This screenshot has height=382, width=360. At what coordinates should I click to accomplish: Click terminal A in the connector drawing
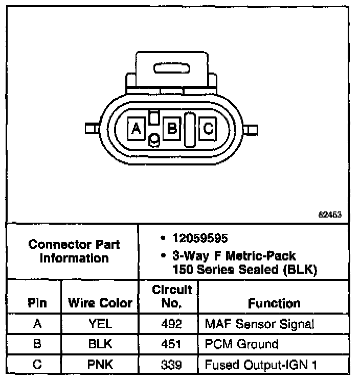point(136,128)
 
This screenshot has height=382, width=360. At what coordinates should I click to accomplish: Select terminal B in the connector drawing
point(172,128)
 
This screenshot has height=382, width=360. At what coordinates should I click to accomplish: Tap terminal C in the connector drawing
point(208,128)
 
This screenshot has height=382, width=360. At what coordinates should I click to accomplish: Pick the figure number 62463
point(330,214)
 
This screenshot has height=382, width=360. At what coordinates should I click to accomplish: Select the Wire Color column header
point(100,303)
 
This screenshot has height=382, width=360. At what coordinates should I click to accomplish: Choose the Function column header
point(274,303)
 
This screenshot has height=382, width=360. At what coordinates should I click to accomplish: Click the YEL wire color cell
point(100,323)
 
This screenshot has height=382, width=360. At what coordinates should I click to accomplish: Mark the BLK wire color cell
point(100,344)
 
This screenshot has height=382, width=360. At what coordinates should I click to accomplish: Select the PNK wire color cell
point(100,365)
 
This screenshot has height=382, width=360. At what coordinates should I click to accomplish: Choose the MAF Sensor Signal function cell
point(259,323)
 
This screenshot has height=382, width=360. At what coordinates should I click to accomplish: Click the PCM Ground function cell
point(241,344)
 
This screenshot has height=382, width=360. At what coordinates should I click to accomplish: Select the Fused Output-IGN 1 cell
point(260,365)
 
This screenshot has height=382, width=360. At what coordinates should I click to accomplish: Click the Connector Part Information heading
point(75,251)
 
